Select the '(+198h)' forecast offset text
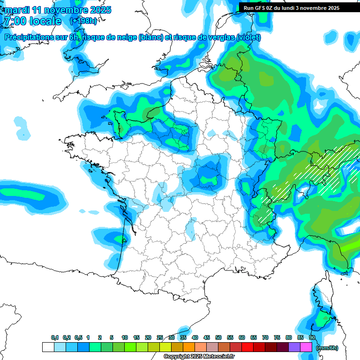point(84,21)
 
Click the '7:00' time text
point(14,21)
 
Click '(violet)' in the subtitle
point(248,37)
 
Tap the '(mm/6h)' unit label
point(327,347)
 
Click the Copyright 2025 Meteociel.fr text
point(199,357)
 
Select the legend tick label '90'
point(312,337)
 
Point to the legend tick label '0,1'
point(54,337)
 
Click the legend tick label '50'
point(218,337)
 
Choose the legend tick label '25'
point(160,337)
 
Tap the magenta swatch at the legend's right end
point(306,347)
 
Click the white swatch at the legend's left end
point(48,347)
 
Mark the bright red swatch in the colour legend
point(247,347)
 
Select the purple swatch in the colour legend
point(294,347)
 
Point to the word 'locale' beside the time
point(45,21)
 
